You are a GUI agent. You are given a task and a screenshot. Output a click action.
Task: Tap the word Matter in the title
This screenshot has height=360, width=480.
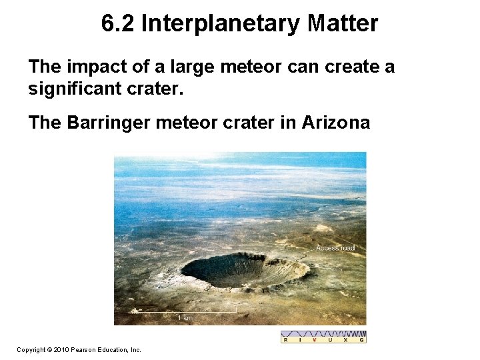[x=343, y=24]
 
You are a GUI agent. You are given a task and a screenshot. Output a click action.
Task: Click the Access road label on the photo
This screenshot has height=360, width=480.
[x=335, y=249]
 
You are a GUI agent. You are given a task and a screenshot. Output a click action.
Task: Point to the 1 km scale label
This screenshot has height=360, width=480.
[x=185, y=319]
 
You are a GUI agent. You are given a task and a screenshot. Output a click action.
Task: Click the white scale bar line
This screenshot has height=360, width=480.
[x=185, y=313]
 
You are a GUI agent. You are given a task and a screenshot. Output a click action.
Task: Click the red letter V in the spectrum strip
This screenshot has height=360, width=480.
[x=315, y=340]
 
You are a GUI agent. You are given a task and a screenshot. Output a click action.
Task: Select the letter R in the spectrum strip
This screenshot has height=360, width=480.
[x=286, y=340]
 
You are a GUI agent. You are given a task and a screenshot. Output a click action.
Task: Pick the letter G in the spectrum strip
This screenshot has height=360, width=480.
[x=362, y=340]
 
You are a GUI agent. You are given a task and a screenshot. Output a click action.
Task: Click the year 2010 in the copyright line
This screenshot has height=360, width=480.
[x=60, y=349]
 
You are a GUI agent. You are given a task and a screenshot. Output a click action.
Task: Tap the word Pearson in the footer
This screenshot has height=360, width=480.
[x=84, y=349]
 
